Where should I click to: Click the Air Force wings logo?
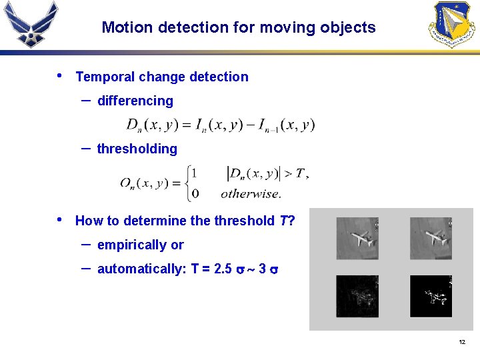click(x=31, y=25)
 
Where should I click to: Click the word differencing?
click(x=135, y=101)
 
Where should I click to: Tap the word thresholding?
click(x=137, y=149)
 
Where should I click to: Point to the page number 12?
click(x=461, y=343)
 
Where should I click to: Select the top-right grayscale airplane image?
click(x=430, y=239)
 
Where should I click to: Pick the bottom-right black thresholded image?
click(x=430, y=296)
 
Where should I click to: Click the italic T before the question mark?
click(x=283, y=221)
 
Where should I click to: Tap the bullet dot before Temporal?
click(x=61, y=75)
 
